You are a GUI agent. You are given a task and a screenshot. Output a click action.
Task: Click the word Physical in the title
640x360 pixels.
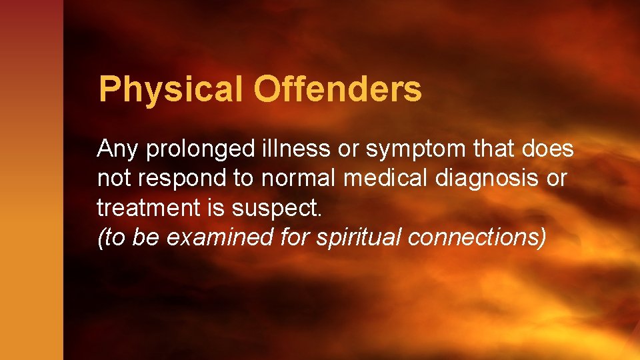tap(171, 90)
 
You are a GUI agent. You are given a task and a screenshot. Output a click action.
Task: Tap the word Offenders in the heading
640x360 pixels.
tap(337, 90)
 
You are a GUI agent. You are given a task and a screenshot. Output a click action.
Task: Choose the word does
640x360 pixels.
tap(546, 149)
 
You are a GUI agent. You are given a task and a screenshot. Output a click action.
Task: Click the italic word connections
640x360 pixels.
tap(477, 237)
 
